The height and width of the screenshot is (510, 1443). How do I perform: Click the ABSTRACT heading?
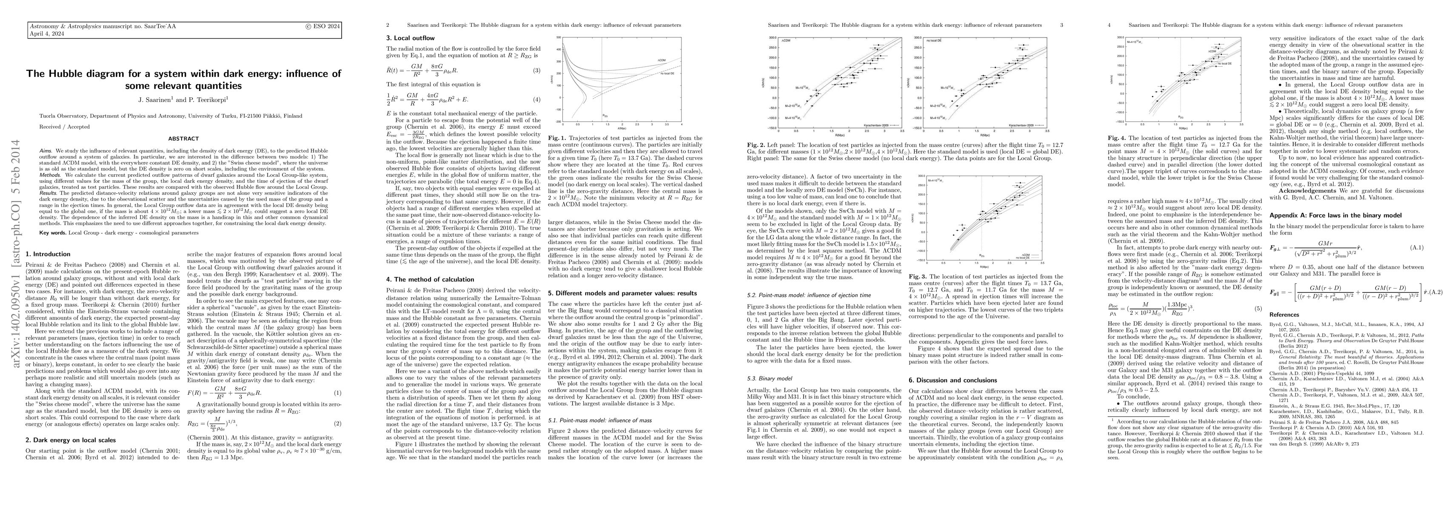tap(183, 138)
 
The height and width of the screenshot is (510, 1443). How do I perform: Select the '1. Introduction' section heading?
tap(49, 254)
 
